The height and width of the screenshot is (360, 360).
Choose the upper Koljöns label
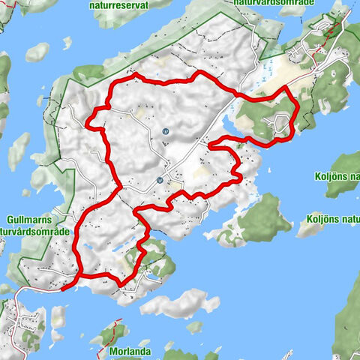click(334, 179)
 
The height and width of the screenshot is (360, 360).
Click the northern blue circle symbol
click(165, 131)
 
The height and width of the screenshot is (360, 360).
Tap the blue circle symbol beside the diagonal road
click(160, 181)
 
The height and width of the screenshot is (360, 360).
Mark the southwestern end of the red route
click(63, 285)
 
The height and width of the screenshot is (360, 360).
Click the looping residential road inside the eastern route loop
click(281, 122)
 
